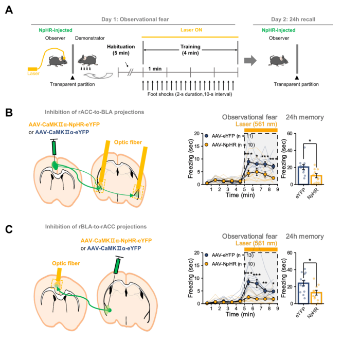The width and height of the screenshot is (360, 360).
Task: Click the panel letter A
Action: (x=9, y=10)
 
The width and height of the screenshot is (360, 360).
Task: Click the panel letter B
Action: (x=9, y=112)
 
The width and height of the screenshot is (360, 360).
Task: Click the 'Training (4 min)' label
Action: (x=190, y=50)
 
